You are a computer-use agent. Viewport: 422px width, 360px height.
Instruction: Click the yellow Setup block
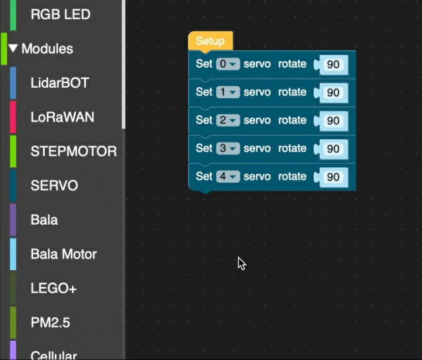point(210,41)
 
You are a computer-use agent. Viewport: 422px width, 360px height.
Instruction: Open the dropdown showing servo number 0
point(227,64)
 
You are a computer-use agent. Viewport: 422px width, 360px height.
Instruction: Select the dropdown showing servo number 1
point(227,92)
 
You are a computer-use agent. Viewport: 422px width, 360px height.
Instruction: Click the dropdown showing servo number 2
point(227,120)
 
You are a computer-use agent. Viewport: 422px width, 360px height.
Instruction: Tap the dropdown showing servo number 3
point(227,148)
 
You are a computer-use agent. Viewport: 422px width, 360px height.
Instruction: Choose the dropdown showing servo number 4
point(227,177)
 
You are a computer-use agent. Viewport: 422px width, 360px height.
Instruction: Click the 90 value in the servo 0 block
point(333,65)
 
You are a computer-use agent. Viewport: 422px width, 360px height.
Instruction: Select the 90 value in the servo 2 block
point(333,121)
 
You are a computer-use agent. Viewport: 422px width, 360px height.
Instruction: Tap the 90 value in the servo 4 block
point(333,177)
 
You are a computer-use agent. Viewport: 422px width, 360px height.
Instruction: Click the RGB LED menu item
point(61,15)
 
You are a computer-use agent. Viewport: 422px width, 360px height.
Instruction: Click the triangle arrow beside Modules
point(13,48)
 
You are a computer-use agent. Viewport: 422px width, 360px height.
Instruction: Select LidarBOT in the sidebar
point(60,83)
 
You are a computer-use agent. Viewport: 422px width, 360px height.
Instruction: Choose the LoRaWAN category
point(63,117)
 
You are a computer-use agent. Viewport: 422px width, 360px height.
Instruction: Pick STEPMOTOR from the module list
point(74,151)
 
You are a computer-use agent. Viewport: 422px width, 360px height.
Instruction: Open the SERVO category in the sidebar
point(54,185)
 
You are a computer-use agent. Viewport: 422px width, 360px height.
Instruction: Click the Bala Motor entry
point(64,254)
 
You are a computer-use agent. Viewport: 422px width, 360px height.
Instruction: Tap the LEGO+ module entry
point(54,288)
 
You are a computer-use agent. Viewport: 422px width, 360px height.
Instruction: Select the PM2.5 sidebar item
point(50,322)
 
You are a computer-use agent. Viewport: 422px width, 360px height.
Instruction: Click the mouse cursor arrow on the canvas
point(241,263)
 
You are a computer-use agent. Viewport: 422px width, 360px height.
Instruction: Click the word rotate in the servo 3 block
point(292,148)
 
